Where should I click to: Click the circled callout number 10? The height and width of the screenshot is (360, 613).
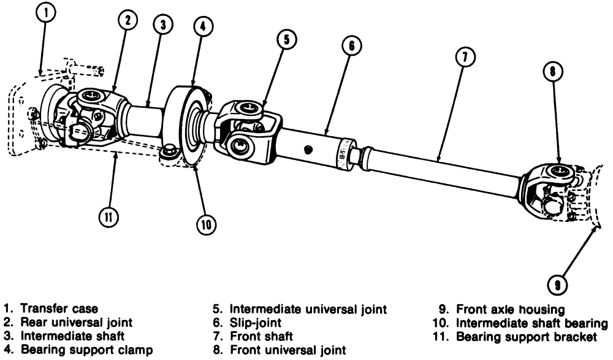point(204,224)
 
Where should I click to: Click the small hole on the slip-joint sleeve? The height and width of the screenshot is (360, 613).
point(308,148)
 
